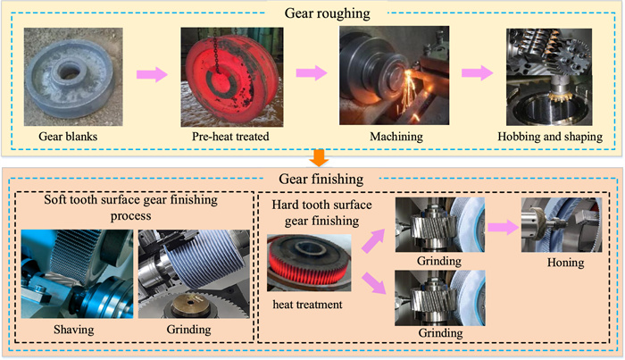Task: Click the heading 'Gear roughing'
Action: [x=312, y=13]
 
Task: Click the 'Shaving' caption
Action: [x=76, y=332]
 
